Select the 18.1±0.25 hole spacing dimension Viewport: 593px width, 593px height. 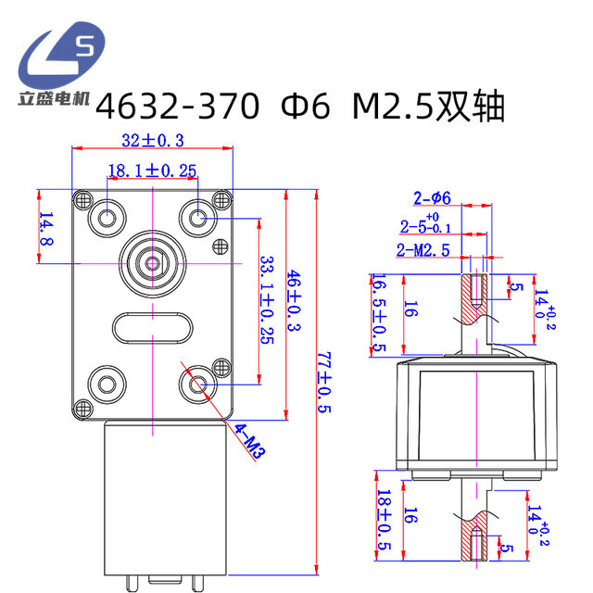(152, 170)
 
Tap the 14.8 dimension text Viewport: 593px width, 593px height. (45, 229)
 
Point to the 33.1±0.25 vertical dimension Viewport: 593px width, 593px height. (267, 299)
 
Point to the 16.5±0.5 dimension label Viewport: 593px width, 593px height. (378, 314)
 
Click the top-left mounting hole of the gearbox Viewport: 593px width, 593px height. (106, 218)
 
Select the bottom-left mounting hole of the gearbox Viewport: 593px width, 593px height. (106, 383)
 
